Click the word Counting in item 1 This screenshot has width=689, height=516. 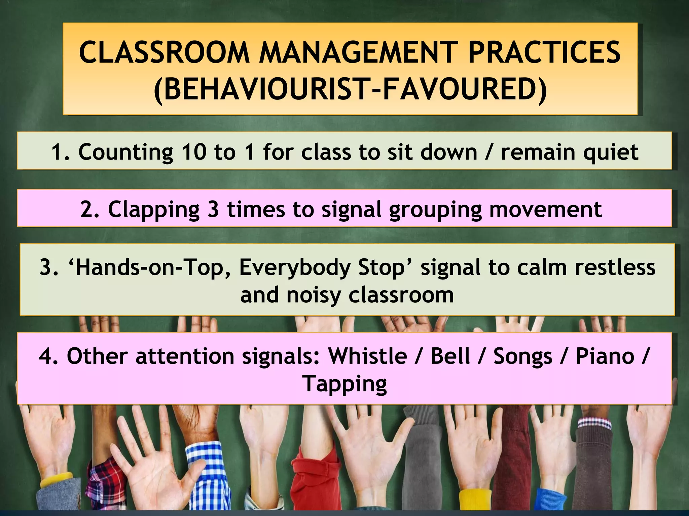click(126, 152)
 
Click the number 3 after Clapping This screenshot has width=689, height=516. click(213, 209)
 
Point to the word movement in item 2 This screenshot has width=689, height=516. click(545, 209)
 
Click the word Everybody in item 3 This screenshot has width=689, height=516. click(295, 268)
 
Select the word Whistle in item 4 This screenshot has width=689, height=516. click(368, 356)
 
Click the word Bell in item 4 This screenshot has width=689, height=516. click(450, 356)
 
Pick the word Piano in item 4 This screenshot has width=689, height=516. click(605, 356)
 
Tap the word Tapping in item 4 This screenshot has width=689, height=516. click(344, 384)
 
